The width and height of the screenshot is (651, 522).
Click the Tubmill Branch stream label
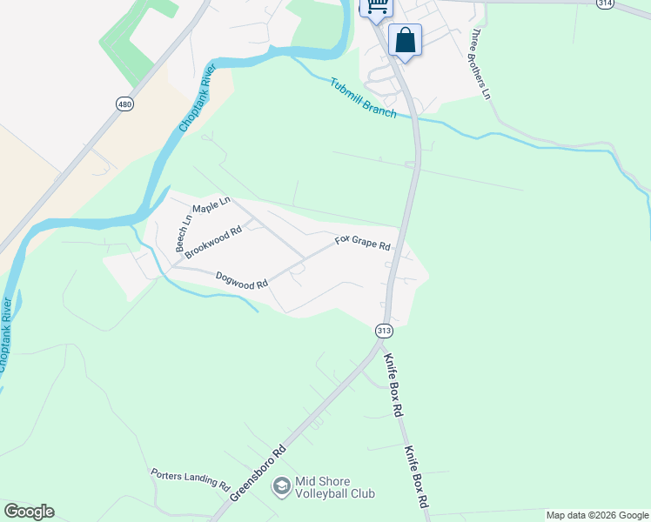363,98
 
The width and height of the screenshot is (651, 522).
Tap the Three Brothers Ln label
481,64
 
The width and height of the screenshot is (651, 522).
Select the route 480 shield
124,104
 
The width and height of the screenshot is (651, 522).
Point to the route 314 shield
605,3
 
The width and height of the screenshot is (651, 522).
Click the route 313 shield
383,331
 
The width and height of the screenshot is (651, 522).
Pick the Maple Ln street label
211,205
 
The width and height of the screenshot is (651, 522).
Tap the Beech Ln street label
183,234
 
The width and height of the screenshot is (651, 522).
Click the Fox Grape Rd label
363,242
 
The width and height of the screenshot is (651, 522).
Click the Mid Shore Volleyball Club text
335,486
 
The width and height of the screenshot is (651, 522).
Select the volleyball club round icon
281,485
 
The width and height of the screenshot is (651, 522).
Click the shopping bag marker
405,39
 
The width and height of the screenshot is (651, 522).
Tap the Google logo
29,512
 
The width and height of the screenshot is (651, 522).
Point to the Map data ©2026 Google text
597,515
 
